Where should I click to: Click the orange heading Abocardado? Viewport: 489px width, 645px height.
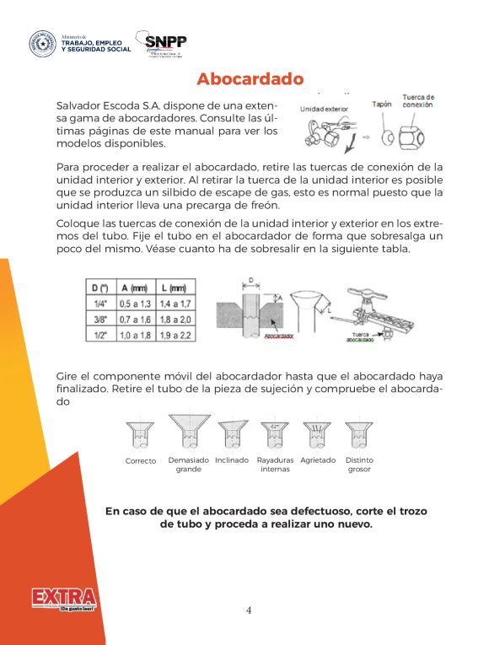[250, 79]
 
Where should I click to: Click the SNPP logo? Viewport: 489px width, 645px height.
[165, 45]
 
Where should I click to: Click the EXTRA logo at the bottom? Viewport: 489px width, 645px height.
[64, 599]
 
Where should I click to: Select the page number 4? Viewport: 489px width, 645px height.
[249, 610]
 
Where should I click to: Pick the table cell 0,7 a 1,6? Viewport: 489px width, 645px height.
[133, 319]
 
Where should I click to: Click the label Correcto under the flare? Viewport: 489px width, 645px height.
[140, 461]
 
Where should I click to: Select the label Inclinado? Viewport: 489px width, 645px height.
[232, 460]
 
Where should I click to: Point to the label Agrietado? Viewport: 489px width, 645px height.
[318, 460]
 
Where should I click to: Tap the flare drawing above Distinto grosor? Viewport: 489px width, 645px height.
[359, 433]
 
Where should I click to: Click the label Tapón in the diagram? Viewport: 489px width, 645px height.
[382, 105]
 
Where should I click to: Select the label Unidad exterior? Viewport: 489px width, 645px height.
[324, 109]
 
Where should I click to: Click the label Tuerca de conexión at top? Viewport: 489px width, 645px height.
[418, 101]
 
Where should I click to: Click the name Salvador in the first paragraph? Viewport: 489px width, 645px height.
[79, 108]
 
